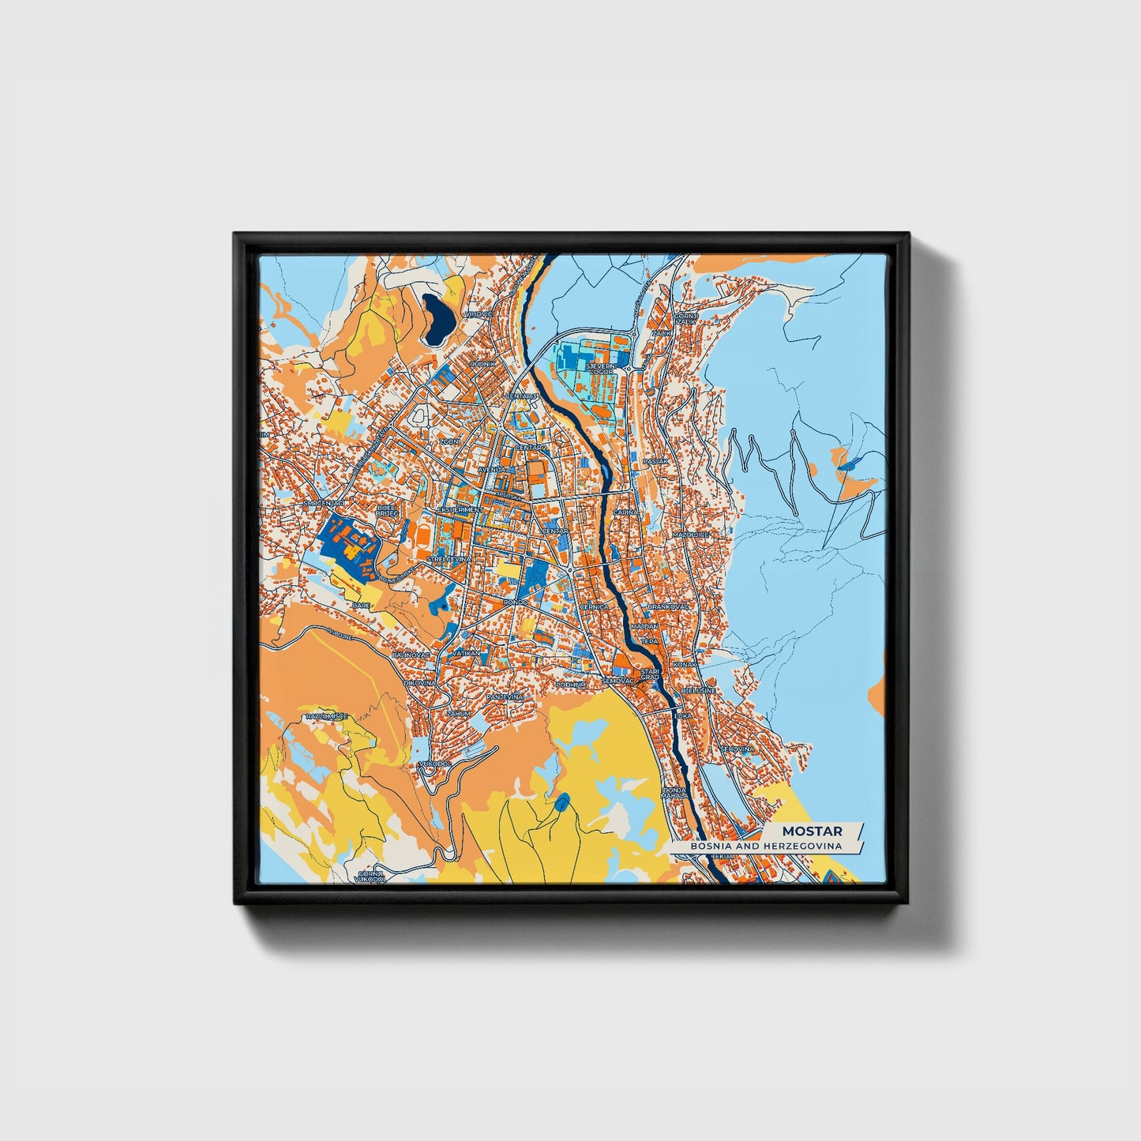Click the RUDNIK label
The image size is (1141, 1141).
click(482, 364)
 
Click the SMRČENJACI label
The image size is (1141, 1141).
click(324, 503)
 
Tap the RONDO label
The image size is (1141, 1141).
click(515, 602)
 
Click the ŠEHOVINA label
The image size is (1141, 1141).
click(737, 749)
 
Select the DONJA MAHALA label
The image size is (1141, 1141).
click(674, 794)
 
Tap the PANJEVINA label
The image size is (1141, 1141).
click(505, 697)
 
